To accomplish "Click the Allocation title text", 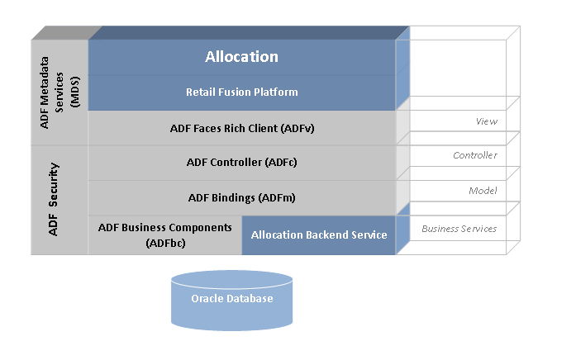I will coord(241,57).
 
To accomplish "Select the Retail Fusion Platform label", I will coord(241,92).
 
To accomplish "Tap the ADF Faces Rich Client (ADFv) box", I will coord(241,128).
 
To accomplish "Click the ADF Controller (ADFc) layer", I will coord(241,163).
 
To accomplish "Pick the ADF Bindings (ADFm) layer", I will coord(241,197).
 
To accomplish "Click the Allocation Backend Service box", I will coord(319,235).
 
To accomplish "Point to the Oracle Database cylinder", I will coord(231,299).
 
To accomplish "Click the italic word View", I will coord(487,121).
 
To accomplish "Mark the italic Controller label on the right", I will coord(475,155).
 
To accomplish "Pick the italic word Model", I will coord(483,191).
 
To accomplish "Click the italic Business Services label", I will coord(459,228).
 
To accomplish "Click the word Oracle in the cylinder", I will coord(207,299).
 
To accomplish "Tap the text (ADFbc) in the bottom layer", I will coord(165,243).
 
